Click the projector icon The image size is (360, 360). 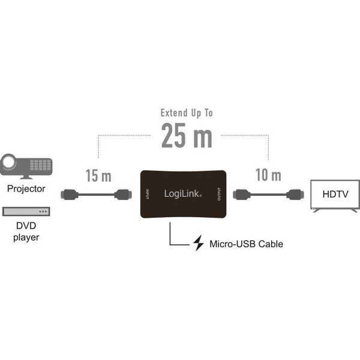point(26,166)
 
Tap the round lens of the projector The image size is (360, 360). point(8,161)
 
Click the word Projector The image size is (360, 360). point(26,189)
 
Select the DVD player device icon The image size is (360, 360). point(26,211)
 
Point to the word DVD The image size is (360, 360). point(26,226)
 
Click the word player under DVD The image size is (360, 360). point(26,238)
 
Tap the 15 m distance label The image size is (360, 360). point(98,176)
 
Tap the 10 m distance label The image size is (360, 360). point(268,175)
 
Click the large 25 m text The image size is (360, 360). point(187,135)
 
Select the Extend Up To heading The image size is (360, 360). point(187,113)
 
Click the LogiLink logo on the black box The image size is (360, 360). point(183,194)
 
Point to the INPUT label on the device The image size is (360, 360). point(148,194)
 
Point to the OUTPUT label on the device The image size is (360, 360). point(219,194)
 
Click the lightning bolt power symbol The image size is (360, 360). point(199,243)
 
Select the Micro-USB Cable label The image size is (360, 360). point(247,244)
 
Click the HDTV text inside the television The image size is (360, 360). point(335,194)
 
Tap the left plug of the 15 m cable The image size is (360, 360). point(70,194)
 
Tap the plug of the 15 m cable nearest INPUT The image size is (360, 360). point(123,194)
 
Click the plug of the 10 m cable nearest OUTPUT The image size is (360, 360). point(242,194)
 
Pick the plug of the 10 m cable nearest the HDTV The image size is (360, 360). point(295,194)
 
